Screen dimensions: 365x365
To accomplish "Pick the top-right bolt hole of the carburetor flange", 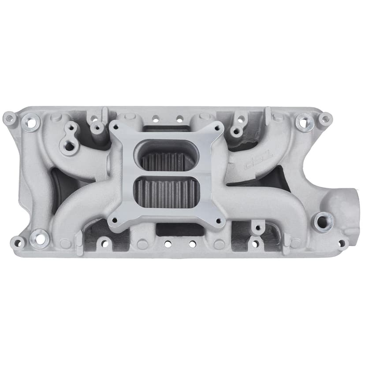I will pos(217,127).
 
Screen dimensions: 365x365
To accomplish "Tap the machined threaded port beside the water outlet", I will pos(323,219).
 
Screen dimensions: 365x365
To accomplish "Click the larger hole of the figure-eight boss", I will pos(68,146).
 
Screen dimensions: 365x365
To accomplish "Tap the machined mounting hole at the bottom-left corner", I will pos(40,238).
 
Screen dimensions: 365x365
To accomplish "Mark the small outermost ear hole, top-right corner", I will pos(325,118).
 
